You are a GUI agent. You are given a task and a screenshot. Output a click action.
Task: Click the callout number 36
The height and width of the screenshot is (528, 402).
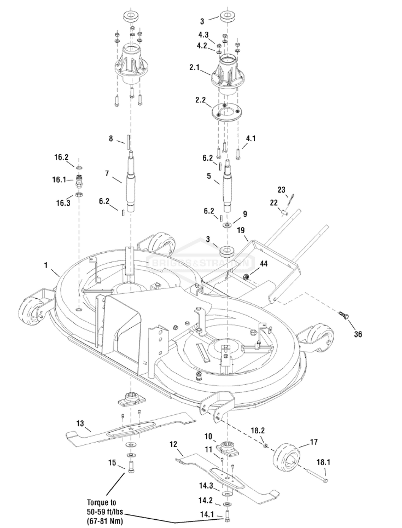click(x=358, y=334)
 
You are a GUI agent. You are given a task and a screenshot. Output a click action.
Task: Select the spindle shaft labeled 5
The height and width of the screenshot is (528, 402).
click(x=228, y=185)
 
